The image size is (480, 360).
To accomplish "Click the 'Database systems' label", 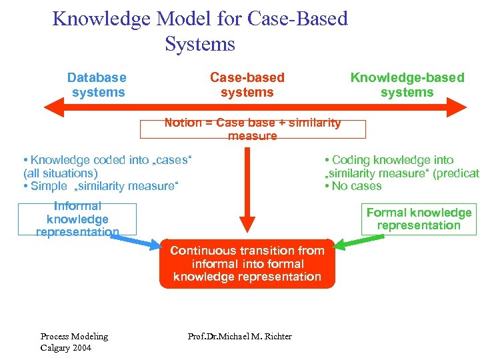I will (97, 85).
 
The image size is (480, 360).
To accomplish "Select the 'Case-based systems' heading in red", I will (247, 85).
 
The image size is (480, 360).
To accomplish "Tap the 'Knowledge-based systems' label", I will (407, 85).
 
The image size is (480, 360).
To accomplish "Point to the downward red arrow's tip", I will (247, 230).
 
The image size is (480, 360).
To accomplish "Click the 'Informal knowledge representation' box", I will (77, 219).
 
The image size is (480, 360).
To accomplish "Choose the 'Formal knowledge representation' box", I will (419, 219).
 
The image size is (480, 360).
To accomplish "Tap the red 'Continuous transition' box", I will (247, 263).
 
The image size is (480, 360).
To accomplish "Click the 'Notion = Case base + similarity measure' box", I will (252, 129).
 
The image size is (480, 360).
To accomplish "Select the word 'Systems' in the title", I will (200, 44).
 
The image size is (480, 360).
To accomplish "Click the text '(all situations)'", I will (60, 173).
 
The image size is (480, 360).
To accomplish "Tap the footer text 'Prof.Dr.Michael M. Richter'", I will (240, 336).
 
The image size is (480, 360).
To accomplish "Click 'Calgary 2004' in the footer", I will (65, 348).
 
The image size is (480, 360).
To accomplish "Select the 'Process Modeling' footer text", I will (74, 336).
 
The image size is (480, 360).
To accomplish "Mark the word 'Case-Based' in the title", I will (297, 19).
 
